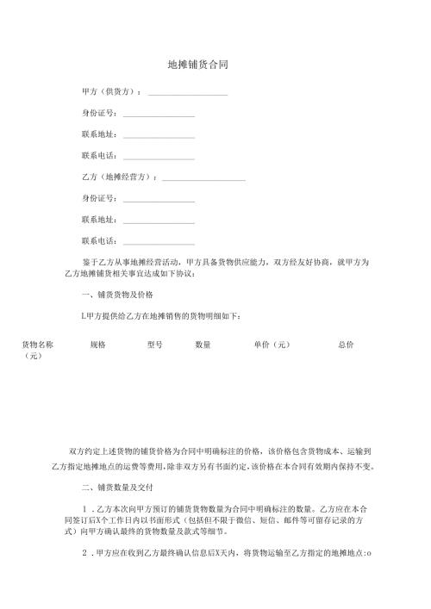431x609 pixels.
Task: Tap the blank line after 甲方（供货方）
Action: [x=188, y=93]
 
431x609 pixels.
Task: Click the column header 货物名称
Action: [x=38, y=345]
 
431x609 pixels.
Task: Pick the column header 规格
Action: [x=97, y=345]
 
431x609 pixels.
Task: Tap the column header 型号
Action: [x=155, y=345]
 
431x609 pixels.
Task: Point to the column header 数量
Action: [x=203, y=345]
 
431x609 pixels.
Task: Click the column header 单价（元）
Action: [x=271, y=345]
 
